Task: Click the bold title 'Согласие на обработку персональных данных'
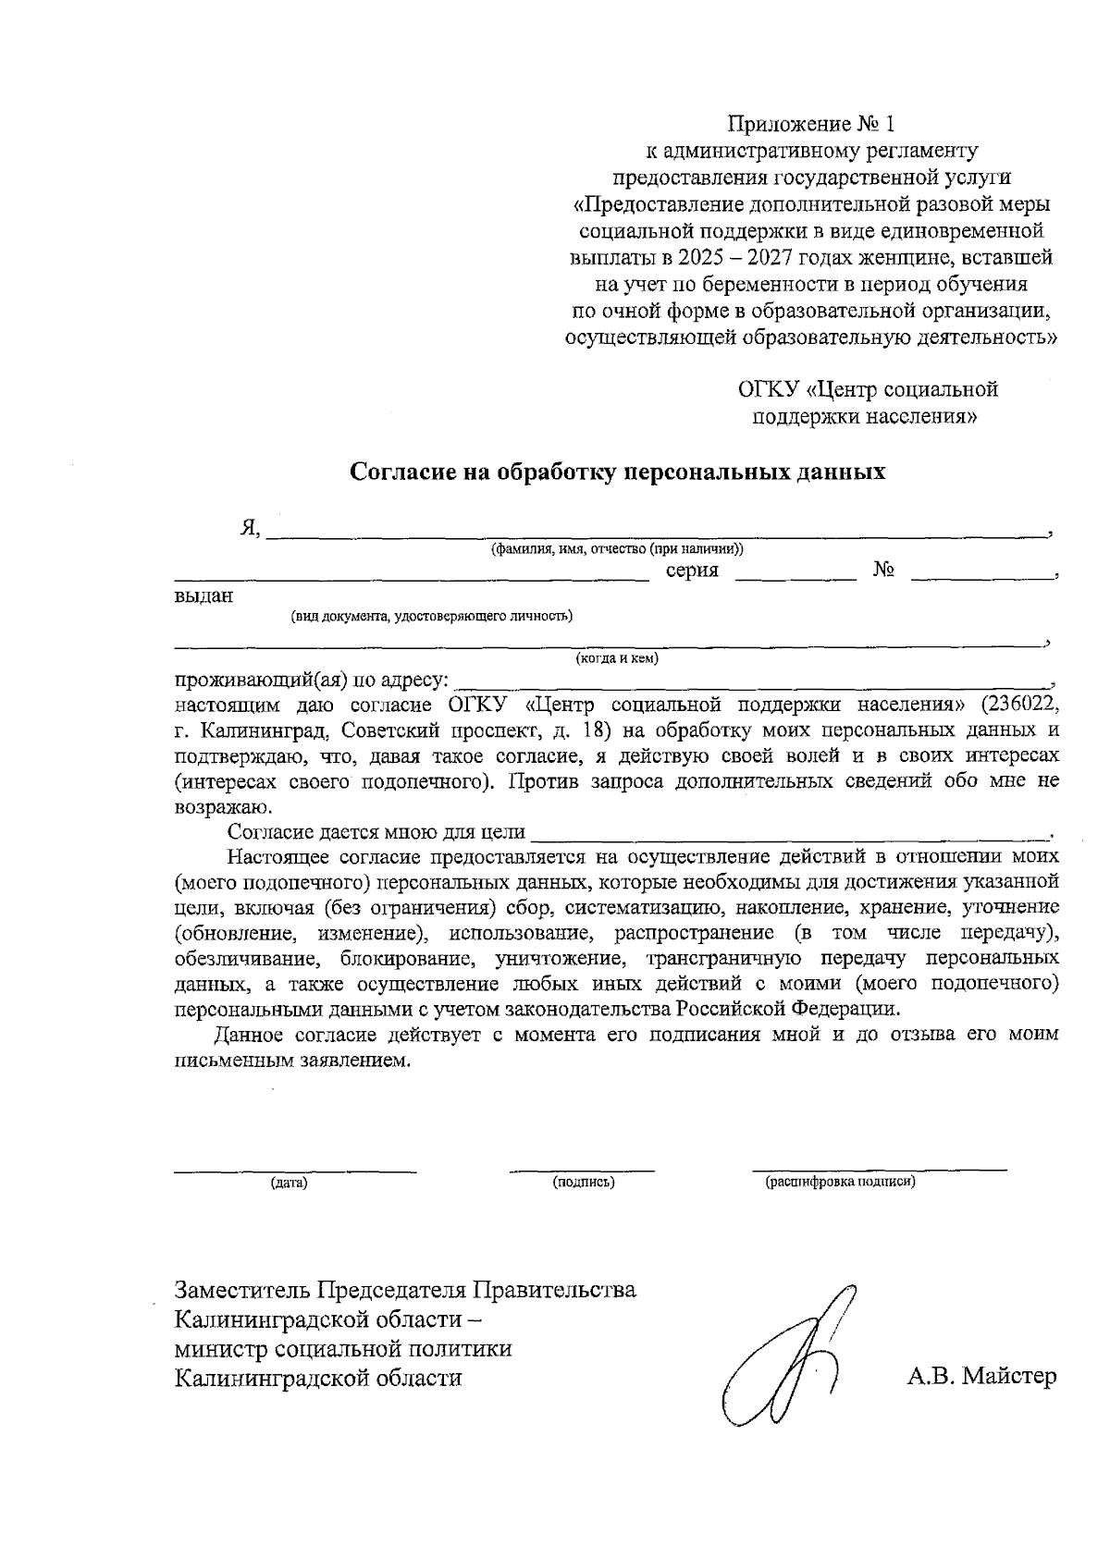617,472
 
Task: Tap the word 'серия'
692,570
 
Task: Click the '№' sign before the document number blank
883,570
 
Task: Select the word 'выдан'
203,597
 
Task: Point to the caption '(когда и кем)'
617,659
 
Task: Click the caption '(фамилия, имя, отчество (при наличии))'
617,548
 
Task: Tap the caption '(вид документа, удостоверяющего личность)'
431,616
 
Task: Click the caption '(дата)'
289,1183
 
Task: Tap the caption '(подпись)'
583,1183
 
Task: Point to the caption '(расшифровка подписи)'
839,1183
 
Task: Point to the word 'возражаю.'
216,806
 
